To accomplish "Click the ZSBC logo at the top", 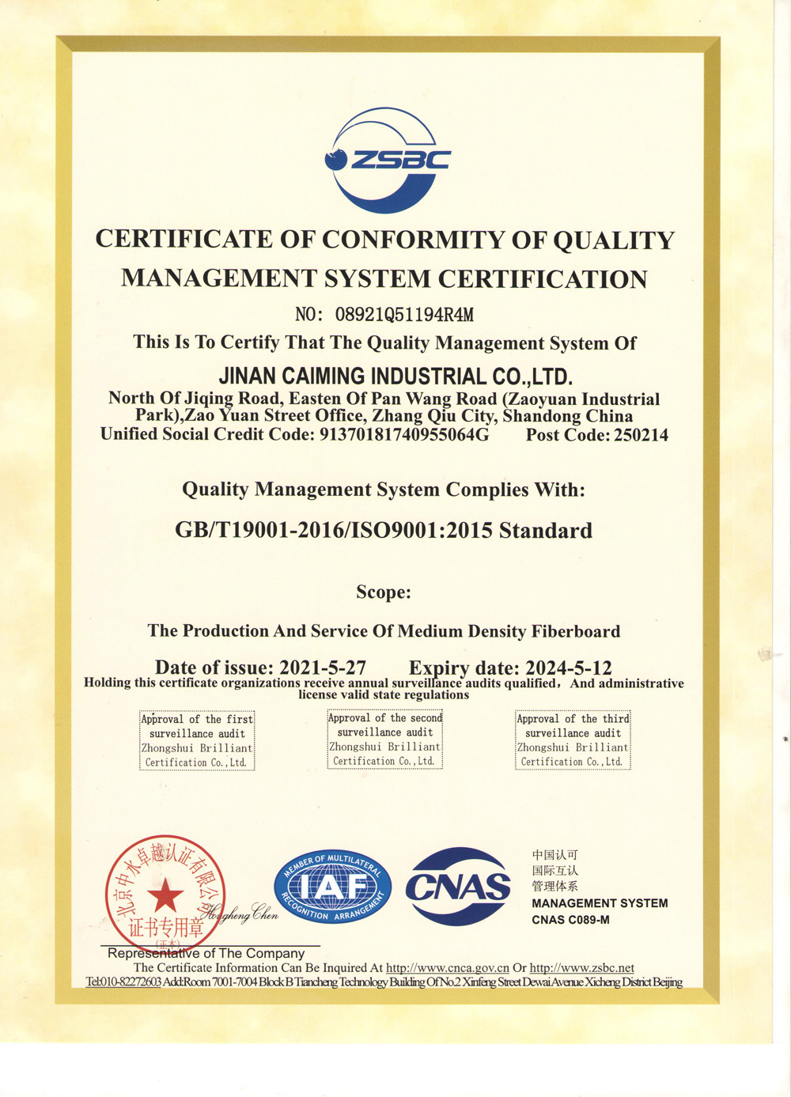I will [x=387, y=161].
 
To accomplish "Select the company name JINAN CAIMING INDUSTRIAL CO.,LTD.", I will [x=395, y=376].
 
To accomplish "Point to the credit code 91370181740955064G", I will [x=403, y=434].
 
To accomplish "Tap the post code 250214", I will [x=641, y=435].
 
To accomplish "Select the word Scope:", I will [x=384, y=592].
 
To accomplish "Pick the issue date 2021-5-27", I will [x=323, y=668].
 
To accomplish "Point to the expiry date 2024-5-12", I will [x=568, y=668].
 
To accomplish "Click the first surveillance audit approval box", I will [x=197, y=740].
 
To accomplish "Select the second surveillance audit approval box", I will [x=385, y=739].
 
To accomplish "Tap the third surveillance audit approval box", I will [x=573, y=740].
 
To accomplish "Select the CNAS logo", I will [x=458, y=887].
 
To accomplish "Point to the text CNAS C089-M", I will [x=570, y=920].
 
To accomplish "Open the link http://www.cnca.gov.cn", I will [x=447, y=968].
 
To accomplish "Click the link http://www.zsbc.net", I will [x=581, y=968].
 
